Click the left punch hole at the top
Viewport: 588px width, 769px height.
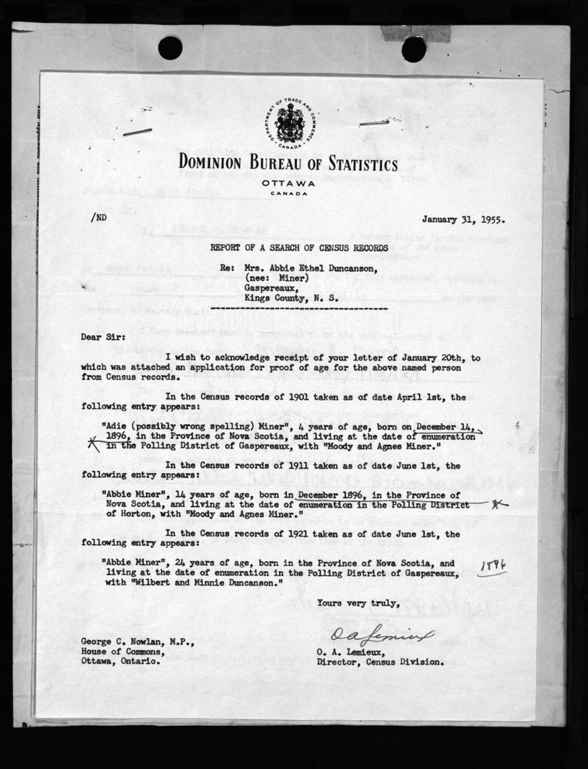[170, 48]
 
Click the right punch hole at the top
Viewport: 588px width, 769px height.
[413, 49]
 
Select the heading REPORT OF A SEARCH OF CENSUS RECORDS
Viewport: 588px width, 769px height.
[303, 247]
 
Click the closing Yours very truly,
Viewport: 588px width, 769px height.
[357, 603]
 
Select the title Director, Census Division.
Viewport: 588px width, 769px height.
[379, 660]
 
